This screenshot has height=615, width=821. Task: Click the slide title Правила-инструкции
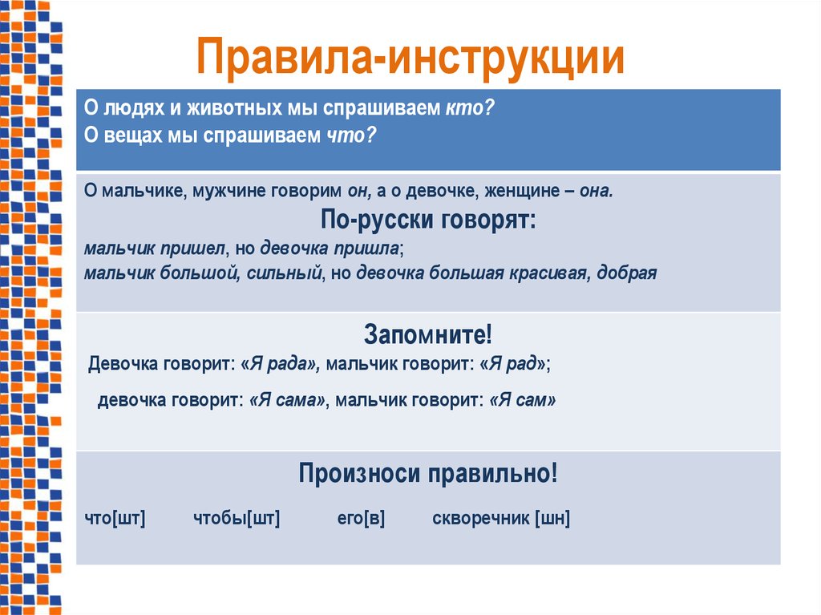(x=410, y=59)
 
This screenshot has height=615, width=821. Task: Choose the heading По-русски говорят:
(x=428, y=220)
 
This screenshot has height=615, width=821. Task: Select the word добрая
(x=628, y=273)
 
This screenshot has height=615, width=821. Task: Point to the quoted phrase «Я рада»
(x=280, y=363)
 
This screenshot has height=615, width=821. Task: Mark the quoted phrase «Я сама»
(x=288, y=400)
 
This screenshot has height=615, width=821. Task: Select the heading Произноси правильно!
(x=428, y=473)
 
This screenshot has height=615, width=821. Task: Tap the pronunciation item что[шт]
(x=115, y=519)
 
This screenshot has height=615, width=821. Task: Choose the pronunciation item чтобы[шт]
(x=237, y=519)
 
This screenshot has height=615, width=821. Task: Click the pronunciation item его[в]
(x=361, y=519)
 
